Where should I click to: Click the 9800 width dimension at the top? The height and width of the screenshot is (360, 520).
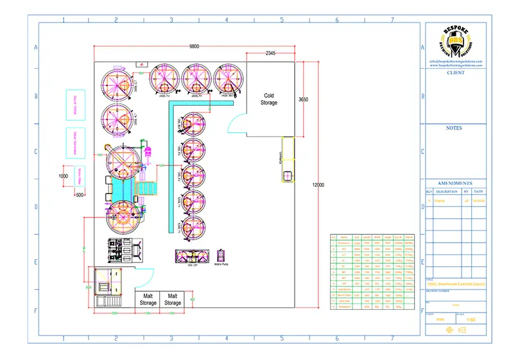tap(194, 46)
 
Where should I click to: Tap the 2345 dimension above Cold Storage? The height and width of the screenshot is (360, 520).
tap(270, 53)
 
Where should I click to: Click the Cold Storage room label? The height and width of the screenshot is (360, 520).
tap(269, 99)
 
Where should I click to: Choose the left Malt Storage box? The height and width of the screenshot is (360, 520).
tap(148, 299)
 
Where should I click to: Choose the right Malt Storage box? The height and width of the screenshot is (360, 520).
tap(173, 299)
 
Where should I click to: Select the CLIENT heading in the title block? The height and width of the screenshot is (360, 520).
tap(456, 73)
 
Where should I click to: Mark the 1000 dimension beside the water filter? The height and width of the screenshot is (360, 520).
tap(63, 176)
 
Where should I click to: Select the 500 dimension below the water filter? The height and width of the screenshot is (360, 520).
tap(80, 194)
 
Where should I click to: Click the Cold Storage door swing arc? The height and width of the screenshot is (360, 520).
tap(234, 121)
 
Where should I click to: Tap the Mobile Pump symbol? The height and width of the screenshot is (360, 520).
tap(223, 256)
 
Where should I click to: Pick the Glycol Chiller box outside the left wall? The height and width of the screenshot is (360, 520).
tap(71, 105)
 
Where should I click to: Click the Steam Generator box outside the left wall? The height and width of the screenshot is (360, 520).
tap(71, 142)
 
